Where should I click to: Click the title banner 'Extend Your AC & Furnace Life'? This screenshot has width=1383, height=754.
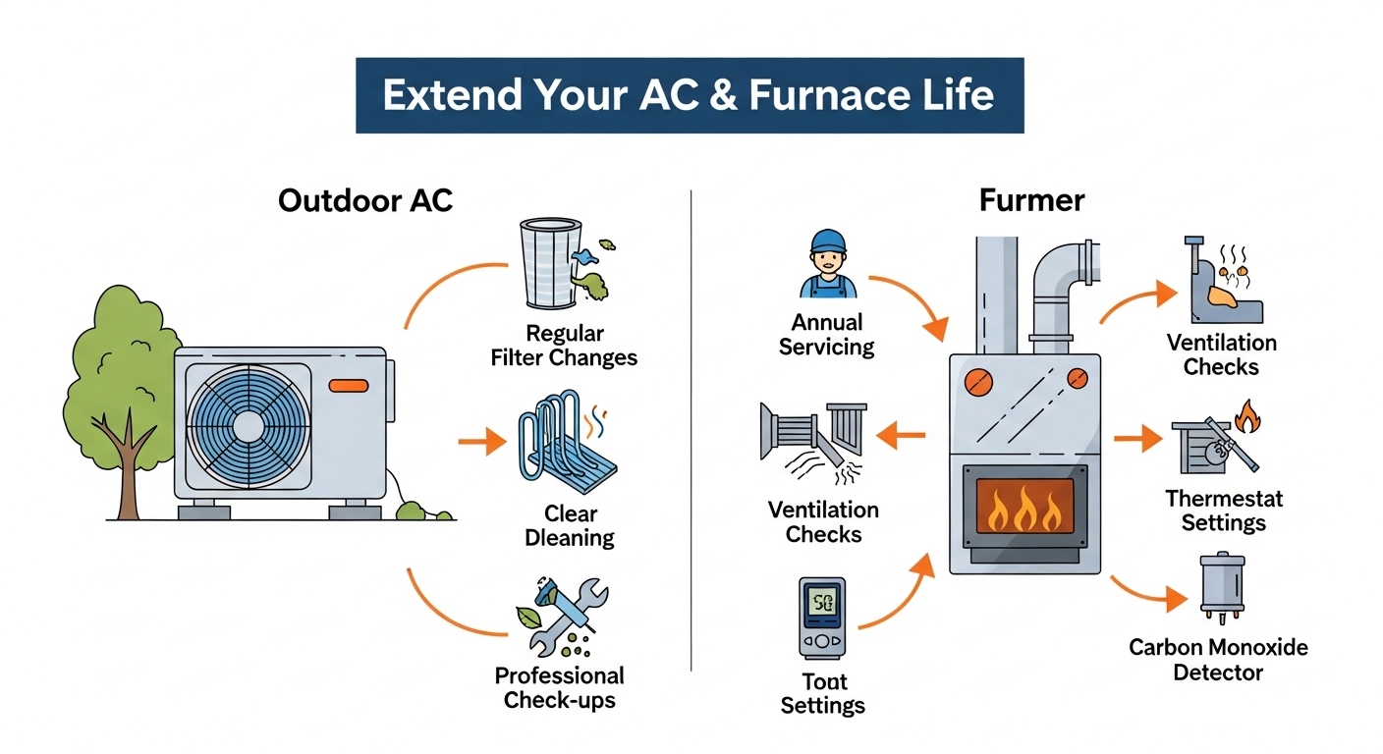pos(689,95)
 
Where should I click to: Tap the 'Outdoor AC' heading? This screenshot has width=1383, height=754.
pos(365,200)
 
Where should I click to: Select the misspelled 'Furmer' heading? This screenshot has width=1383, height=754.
pos(1031,200)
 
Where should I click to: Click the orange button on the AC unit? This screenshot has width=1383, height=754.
pos(350,386)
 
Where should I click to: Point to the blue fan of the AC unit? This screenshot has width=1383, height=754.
pos(249,425)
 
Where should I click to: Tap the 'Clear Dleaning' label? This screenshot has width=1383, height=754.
pos(570,525)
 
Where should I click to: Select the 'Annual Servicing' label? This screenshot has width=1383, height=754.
pos(826,334)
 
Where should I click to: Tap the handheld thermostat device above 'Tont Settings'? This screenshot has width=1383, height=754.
pos(822,618)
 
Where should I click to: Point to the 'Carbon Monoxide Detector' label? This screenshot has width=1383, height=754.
pos(1218,660)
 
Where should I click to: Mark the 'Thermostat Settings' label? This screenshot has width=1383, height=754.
pos(1224,510)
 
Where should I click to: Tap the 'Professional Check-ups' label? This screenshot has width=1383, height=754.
pos(559,687)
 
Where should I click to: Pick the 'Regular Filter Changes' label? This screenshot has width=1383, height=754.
pos(564,346)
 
